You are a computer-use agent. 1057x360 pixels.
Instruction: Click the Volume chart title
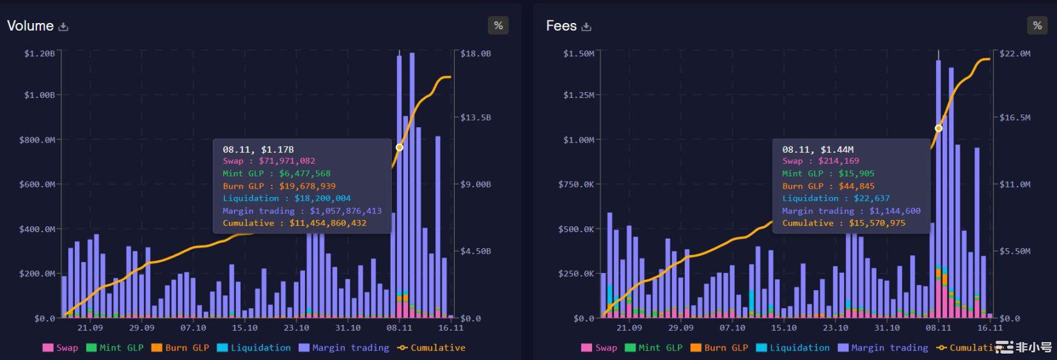pyautogui.click(x=30, y=26)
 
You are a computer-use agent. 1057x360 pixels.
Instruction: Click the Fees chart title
pyautogui.click(x=561, y=26)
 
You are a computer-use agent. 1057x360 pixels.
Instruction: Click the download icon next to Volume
pyautogui.click(x=63, y=27)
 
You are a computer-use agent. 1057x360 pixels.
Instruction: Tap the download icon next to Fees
pyautogui.click(x=586, y=27)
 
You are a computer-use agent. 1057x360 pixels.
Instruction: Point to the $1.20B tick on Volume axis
pyautogui.click(x=40, y=53)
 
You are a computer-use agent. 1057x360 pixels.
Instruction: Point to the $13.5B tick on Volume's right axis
pyautogui.click(x=476, y=117)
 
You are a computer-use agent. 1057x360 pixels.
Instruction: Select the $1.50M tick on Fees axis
pyautogui.click(x=579, y=53)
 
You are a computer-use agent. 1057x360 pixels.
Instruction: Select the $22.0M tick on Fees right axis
pyautogui.click(x=1015, y=53)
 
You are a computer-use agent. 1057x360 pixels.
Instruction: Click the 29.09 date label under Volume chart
pyautogui.click(x=141, y=327)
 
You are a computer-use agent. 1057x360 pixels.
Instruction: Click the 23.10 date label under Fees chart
pyautogui.click(x=835, y=327)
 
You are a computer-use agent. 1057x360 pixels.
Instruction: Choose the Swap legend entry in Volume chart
pyautogui.click(x=61, y=348)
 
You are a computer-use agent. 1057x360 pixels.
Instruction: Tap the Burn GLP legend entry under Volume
pyautogui.click(x=180, y=348)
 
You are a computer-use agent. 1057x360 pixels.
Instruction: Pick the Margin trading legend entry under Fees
pyautogui.click(x=883, y=348)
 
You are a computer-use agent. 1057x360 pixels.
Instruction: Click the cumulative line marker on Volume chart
pyautogui.click(x=400, y=147)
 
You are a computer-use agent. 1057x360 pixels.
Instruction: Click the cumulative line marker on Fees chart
pyautogui.click(x=939, y=128)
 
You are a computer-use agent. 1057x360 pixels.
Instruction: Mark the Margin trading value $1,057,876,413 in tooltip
pyautogui.click(x=345, y=211)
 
